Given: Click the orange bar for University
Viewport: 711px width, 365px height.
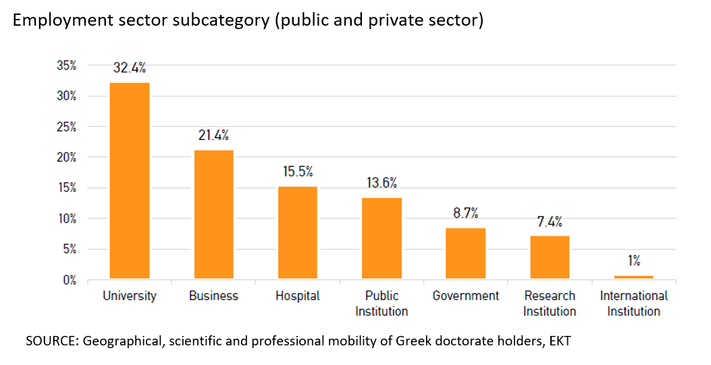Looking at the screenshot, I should pos(130,180).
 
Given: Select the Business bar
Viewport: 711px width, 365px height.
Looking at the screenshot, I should pos(213,214).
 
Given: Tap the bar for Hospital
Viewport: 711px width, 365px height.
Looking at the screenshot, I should pos(298,232).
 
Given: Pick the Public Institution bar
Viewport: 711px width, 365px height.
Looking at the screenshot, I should pos(382,238).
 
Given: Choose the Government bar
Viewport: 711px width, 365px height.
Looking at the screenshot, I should pos(465,253).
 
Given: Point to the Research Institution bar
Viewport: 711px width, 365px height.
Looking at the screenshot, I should pos(550,257).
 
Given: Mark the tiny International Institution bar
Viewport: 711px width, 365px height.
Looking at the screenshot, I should pos(633,277).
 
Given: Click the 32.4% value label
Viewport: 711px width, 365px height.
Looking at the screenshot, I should pos(130,68).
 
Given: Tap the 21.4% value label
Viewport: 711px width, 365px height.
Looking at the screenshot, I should pos(213,135).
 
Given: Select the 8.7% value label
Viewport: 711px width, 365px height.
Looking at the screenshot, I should pos(465,214).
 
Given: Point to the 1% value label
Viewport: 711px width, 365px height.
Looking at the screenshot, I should pos(633,260).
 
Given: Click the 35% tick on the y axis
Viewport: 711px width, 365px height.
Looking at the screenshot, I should pos(66,66).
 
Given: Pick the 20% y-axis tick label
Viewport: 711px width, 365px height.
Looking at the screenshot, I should pos(66,157).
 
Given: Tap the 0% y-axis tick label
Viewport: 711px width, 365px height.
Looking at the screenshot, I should pos(69,280).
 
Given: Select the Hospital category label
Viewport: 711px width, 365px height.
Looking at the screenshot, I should pos(298,296).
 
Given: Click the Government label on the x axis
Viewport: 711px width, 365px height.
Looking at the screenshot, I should pos(466,296).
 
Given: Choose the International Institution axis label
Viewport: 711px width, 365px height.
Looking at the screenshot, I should pos(633,303).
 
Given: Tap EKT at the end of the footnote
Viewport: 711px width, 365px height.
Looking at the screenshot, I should pos(559,341).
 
